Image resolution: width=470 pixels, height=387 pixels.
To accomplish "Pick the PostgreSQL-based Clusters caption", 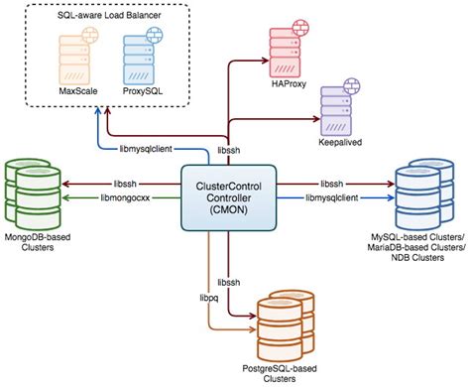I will click(289, 371).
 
